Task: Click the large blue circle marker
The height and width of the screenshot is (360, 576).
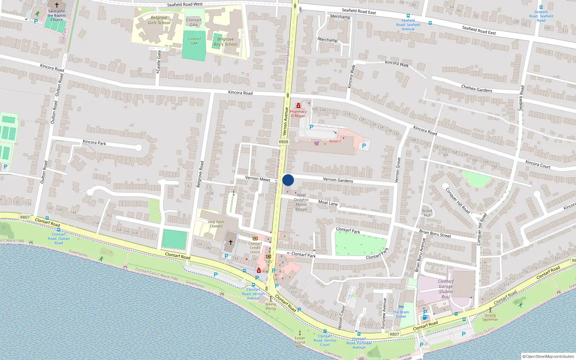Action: [x=288, y=180]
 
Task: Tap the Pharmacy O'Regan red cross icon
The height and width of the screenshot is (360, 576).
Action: [x=298, y=106]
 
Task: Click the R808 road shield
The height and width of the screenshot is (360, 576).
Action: [x=284, y=142]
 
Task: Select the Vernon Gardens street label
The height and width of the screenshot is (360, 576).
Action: [x=338, y=180]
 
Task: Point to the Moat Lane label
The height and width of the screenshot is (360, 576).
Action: [x=328, y=203]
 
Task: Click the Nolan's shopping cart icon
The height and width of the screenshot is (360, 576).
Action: [x=316, y=143]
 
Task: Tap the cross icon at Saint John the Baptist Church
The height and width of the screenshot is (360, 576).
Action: [x=57, y=5]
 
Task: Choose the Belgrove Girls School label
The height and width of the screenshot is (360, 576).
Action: [x=159, y=20]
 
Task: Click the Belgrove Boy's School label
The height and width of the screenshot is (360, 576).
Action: [x=226, y=42]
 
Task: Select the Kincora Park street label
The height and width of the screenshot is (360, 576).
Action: [x=94, y=142]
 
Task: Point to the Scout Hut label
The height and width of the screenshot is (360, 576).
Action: [x=427, y=213]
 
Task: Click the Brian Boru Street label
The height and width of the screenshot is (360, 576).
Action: [x=435, y=233]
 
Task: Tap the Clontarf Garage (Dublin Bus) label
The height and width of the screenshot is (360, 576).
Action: [x=446, y=289]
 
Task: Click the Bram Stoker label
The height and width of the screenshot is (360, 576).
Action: [x=401, y=314]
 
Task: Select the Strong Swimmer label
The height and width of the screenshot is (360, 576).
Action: [x=490, y=317]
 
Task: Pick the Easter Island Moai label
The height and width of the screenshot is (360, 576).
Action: [x=300, y=342]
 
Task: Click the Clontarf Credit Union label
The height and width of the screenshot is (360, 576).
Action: [x=255, y=247]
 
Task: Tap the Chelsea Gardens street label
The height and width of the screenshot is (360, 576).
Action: [x=477, y=89]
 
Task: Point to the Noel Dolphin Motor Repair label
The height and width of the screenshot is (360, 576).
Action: [x=301, y=202]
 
